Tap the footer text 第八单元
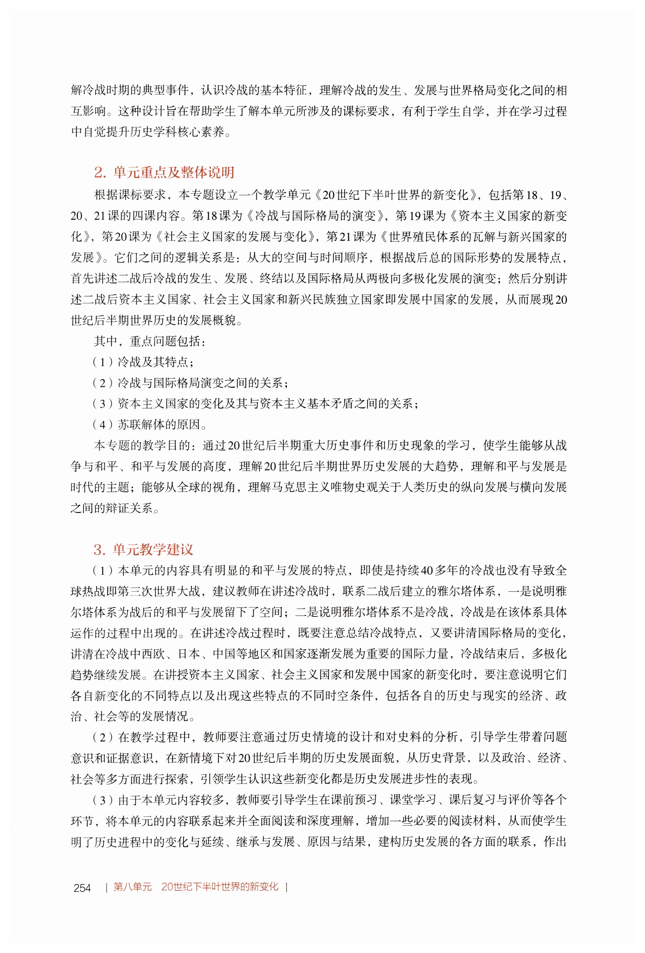tap(132, 887)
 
